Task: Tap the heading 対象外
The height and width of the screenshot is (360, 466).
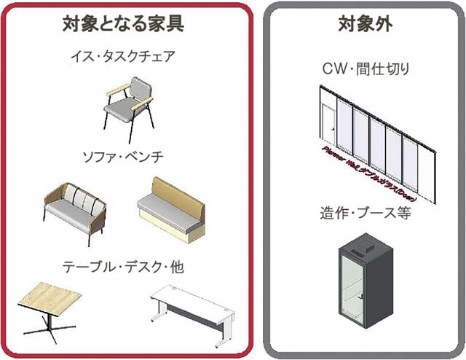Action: point(365,23)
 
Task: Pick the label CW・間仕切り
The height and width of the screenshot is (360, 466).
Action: point(366,70)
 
